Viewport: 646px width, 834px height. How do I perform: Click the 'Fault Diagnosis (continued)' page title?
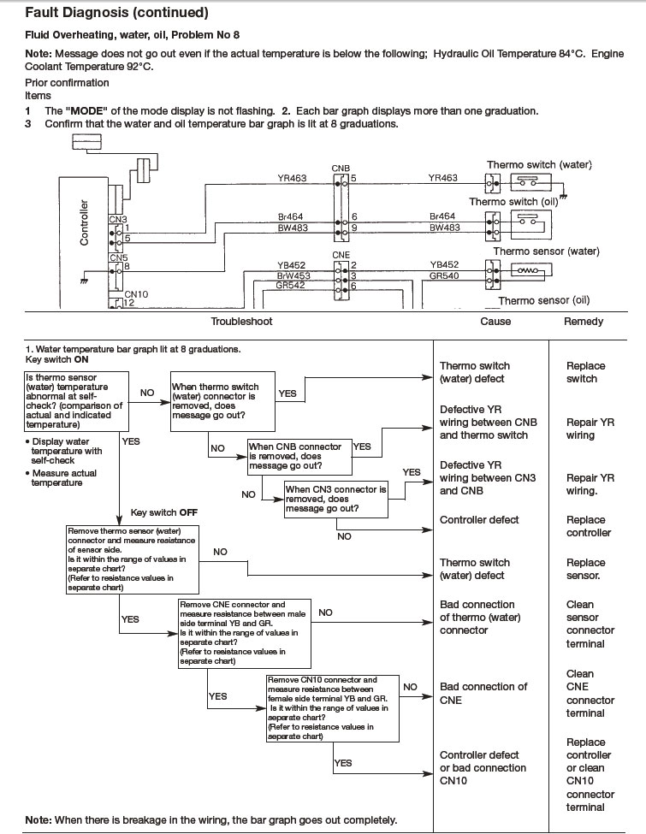tap(116, 13)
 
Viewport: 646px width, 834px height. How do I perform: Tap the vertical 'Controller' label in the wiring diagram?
tap(84, 222)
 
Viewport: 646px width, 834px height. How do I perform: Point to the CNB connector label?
tap(341, 169)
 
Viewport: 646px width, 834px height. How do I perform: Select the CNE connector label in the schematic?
tap(341, 255)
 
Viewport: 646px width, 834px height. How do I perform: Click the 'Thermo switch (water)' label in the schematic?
tap(539, 165)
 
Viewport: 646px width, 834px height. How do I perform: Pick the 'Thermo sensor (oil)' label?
tap(544, 300)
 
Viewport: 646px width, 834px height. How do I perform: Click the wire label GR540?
tap(444, 275)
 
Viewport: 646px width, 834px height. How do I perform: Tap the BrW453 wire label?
tap(293, 275)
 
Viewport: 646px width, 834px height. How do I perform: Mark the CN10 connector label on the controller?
tap(136, 294)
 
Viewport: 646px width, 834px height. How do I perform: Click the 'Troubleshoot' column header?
tap(241, 322)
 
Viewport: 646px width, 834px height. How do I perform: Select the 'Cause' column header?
tap(495, 322)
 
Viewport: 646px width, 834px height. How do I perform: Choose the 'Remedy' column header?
tap(584, 322)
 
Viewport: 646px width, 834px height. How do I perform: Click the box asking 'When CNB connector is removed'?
tap(299, 457)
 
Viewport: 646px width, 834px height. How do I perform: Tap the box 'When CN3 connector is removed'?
tap(335, 499)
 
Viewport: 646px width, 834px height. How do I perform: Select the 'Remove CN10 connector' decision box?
tap(333, 708)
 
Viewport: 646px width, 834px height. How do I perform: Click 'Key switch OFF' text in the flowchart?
tap(164, 512)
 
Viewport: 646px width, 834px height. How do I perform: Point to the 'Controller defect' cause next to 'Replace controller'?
tap(479, 520)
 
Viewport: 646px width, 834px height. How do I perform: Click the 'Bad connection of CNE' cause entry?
tap(483, 694)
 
